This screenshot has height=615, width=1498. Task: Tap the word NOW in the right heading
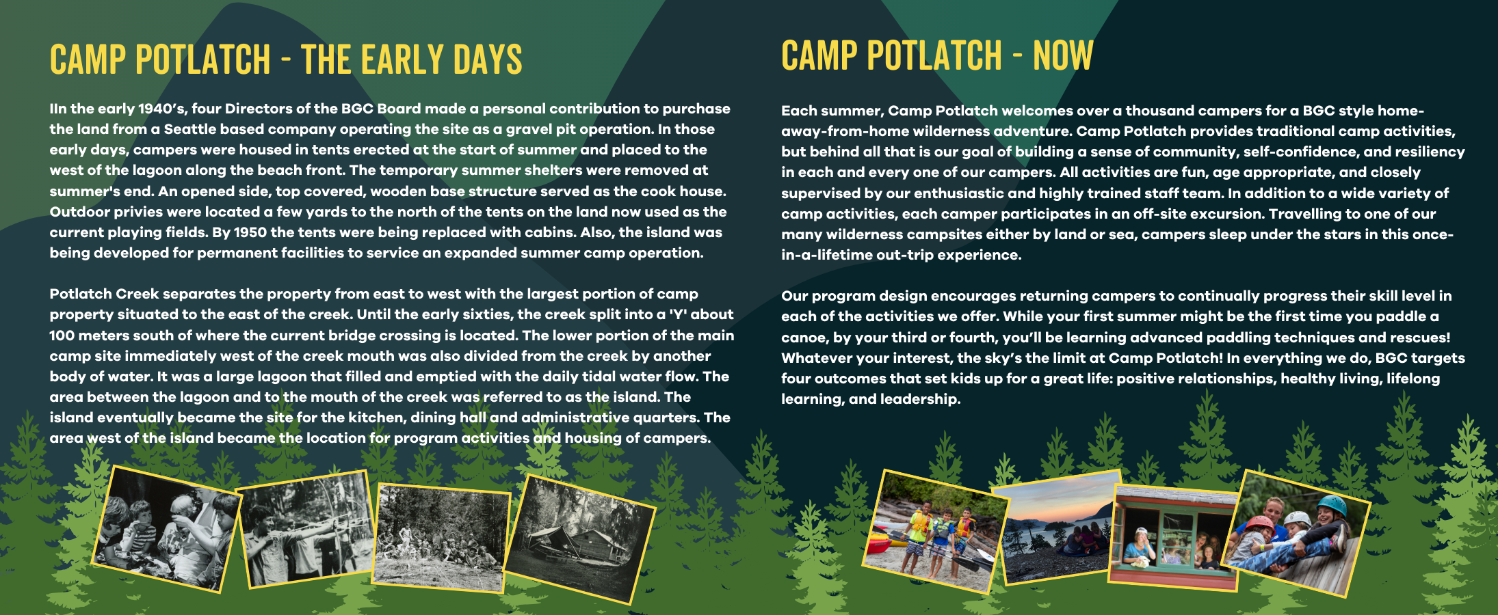pos(1063,55)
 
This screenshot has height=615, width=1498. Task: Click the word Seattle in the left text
pos(189,129)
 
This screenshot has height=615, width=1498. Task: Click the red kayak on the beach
pos(878,544)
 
